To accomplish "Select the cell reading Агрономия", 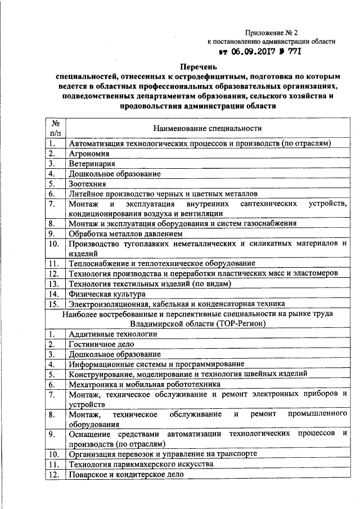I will [x=89, y=154].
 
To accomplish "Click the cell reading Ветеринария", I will [x=92, y=164].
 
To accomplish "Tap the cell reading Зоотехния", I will [x=88, y=184].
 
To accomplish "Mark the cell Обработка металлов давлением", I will [x=125, y=233].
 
